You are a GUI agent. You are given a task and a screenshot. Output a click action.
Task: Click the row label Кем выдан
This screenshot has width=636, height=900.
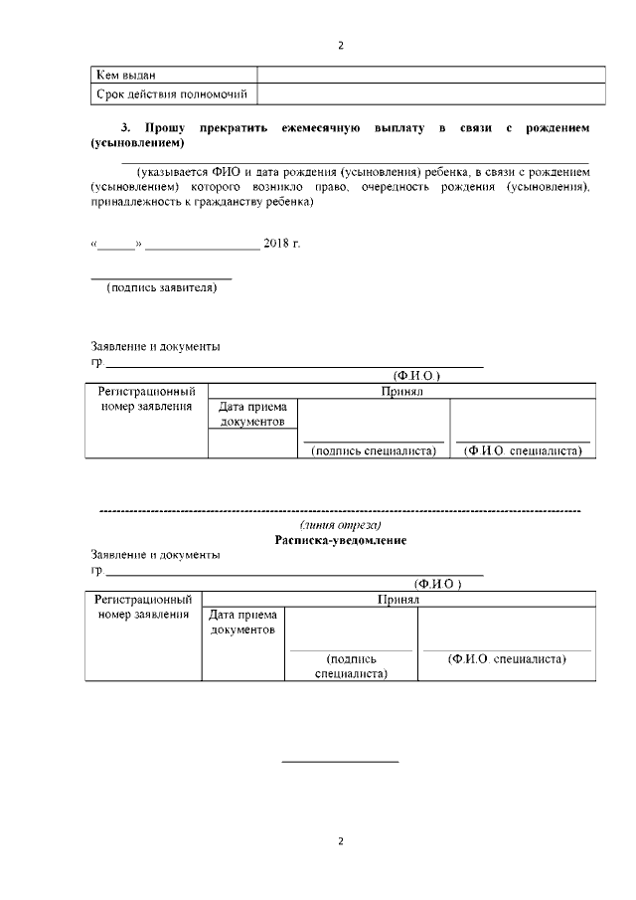tap(125, 75)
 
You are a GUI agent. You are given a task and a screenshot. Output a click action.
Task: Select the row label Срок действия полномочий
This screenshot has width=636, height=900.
tap(170, 94)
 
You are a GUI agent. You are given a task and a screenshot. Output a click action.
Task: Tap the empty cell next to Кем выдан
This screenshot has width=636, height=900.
tap(431, 75)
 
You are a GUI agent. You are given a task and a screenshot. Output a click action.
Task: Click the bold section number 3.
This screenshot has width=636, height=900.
tap(125, 129)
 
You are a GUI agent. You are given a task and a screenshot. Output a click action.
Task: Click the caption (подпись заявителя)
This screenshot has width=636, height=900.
tap(161, 288)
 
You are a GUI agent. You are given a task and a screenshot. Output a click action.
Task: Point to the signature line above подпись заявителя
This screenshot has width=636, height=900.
tap(161, 278)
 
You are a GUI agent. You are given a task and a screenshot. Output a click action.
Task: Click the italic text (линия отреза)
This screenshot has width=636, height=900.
tap(341, 524)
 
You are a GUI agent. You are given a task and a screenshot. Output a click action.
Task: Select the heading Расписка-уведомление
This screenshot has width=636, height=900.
tap(341, 540)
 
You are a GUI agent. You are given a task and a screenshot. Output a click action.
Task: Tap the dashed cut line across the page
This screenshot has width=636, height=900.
tap(341, 510)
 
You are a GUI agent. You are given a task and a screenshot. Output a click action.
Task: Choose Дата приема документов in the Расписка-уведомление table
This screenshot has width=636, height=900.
tap(244, 623)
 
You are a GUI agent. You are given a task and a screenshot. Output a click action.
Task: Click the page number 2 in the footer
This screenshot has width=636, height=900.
tap(340, 840)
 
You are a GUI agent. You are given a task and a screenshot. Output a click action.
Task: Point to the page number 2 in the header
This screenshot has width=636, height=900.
tap(340, 45)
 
